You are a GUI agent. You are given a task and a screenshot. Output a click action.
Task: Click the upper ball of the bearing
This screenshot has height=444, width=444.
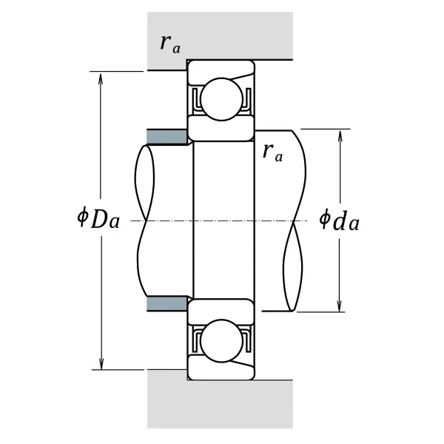click(x=221, y=99)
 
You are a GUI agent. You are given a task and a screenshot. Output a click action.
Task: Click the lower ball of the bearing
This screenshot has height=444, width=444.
click(x=221, y=340)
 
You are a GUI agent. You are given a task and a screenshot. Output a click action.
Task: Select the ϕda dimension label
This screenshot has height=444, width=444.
click(x=339, y=220)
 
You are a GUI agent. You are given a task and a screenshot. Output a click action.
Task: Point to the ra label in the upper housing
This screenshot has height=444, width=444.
click(x=170, y=44)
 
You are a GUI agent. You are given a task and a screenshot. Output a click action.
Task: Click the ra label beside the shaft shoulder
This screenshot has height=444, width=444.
click(x=272, y=152)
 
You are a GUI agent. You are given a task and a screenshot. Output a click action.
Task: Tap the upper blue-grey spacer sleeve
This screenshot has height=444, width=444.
click(x=166, y=137)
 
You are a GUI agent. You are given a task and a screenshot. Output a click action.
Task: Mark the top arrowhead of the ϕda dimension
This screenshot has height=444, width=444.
click(x=340, y=135)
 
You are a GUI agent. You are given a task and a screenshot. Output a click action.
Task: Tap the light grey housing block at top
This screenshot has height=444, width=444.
click(x=220, y=36)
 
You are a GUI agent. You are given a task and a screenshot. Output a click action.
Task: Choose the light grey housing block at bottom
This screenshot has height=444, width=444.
click(x=220, y=403)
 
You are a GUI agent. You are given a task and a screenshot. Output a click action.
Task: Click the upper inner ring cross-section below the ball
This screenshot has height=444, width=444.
click(x=221, y=129)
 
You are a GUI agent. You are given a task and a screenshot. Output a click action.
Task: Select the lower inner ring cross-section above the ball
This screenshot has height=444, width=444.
click(x=221, y=312)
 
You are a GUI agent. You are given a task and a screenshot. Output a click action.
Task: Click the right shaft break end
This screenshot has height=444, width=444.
click(x=295, y=221)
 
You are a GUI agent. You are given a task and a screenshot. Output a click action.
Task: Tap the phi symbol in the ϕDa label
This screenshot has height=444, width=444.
click(x=82, y=217)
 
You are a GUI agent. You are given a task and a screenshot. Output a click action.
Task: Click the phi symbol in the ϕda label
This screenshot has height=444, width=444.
click(x=324, y=218)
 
